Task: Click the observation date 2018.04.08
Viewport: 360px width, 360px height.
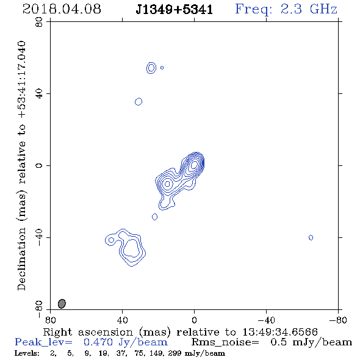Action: coord(62,9)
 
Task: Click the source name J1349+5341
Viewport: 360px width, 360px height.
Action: coord(175,10)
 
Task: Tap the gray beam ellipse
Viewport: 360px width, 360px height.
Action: coord(62,303)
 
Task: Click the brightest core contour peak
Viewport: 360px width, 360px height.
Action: coord(194,164)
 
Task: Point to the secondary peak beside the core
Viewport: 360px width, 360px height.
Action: coord(167,184)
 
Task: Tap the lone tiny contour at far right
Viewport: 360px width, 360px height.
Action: coord(311,237)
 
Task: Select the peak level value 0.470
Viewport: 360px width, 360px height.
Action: coord(98,342)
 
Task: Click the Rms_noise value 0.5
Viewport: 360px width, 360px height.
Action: coord(278,342)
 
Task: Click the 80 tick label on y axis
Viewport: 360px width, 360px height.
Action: coord(39,22)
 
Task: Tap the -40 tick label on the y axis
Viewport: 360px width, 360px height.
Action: coord(39,237)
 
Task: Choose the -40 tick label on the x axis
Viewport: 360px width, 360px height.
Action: coord(266,320)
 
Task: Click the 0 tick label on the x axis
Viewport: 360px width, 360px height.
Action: coord(194,320)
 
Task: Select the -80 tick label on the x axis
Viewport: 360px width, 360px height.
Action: coord(338,320)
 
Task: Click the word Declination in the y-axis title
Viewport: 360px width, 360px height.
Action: coord(21,259)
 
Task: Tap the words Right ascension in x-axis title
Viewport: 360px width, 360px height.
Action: coord(88,332)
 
